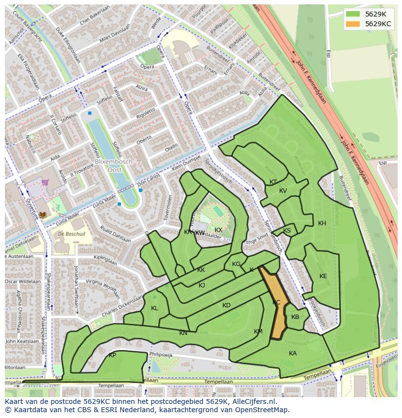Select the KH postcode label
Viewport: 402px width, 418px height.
tap(322, 223)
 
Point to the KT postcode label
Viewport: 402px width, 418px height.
tap(273, 182)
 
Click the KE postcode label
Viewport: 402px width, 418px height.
tap(323, 276)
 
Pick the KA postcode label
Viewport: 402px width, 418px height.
tap(292, 353)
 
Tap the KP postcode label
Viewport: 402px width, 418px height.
tap(112, 355)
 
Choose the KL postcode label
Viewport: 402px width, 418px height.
tap(154, 308)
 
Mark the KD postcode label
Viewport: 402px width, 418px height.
tap(226, 305)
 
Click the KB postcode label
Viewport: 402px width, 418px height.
tap(295, 317)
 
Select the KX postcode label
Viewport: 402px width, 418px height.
tap(218, 230)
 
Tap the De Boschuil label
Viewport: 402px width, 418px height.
tap(68, 234)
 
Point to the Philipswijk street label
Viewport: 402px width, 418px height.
tap(161, 355)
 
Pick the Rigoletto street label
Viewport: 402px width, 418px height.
tap(146, 114)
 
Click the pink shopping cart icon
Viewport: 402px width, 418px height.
tap(45, 183)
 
